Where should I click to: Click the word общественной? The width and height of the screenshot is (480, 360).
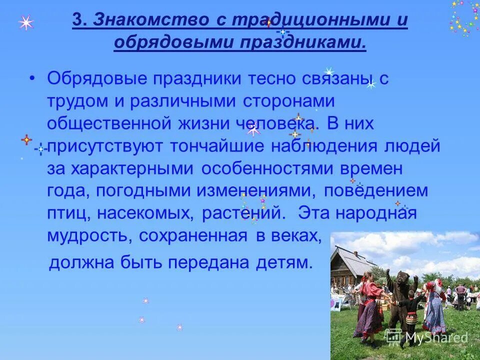point(107,123)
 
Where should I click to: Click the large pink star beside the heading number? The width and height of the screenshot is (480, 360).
point(26,22)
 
